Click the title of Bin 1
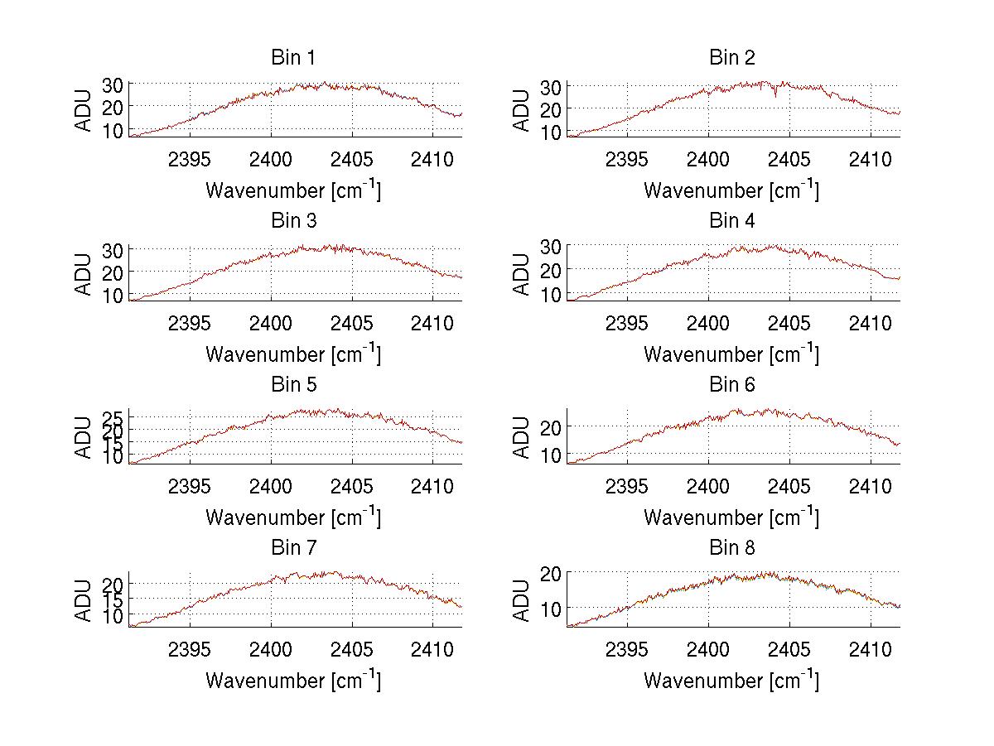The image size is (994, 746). point(293,58)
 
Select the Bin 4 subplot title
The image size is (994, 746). point(731,221)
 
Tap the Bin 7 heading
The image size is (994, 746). point(293,548)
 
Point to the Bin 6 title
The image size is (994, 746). point(731,385)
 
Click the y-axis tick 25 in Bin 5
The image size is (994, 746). point(113,416)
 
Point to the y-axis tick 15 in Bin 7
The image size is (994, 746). point(113,599)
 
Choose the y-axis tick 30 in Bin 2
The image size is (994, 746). point(551,86)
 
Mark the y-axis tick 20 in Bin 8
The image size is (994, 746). point(551,572)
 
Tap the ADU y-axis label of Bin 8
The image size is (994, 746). point(523,600)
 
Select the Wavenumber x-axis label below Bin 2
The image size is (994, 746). point(731,190)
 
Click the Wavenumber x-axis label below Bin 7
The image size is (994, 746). point(293,681)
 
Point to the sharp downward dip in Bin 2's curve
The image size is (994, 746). point(775,95)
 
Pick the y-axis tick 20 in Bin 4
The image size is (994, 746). point(551,270)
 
